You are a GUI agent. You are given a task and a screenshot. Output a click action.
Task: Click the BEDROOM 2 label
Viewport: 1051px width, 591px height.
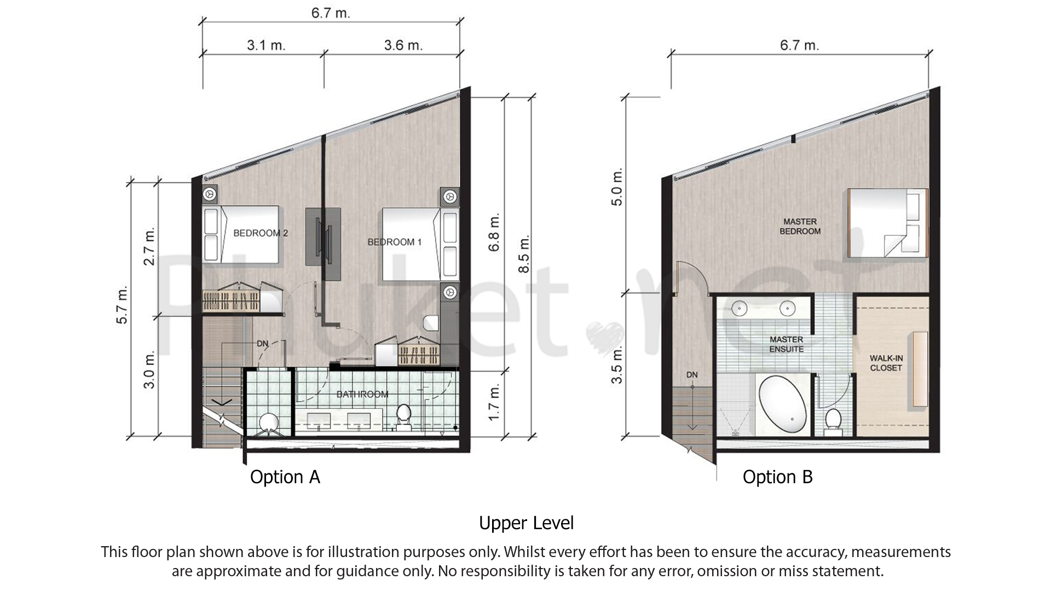coord(260,233)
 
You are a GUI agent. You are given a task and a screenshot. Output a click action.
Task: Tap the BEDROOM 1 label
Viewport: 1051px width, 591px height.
coord(394,242)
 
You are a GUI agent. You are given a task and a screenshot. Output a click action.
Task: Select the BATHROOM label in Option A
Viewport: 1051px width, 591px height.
coord(362,394)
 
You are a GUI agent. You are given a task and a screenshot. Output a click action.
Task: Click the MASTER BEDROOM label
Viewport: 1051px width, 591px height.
coord(800,227)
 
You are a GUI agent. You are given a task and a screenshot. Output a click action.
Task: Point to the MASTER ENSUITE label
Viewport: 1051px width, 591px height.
coord(786,344)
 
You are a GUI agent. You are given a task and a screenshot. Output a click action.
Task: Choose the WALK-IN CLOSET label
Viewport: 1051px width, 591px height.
coord(886,363)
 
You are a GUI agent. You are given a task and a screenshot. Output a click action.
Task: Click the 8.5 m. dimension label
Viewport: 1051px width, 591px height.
coord(524,254)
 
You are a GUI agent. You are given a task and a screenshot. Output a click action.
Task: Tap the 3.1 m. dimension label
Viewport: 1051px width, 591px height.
coord(266,45)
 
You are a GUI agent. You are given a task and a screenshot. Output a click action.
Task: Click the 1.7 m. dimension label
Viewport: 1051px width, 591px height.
coord(494,402)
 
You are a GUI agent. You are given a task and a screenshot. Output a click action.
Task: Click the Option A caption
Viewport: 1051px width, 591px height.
coord(285,477)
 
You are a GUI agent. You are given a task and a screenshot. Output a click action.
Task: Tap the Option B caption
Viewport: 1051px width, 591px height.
coord(777,477)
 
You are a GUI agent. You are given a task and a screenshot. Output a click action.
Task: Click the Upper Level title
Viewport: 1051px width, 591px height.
coord(526,523)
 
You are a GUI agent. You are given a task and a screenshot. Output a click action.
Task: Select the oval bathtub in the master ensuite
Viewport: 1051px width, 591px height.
coord(782,405)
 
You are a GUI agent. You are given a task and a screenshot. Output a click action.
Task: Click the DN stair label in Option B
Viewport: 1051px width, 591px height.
coord(692,375)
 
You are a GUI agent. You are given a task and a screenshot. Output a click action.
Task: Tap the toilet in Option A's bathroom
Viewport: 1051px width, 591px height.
coord(403,415)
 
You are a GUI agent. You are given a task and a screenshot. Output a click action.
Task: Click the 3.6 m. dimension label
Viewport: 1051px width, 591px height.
coord(403,45)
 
